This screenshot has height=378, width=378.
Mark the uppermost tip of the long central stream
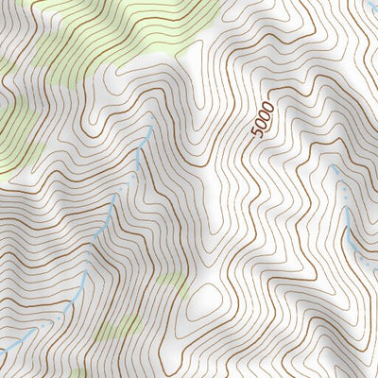point(149,129)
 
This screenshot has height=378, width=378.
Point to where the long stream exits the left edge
point(2,352)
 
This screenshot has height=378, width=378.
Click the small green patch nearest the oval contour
point(170,281)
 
